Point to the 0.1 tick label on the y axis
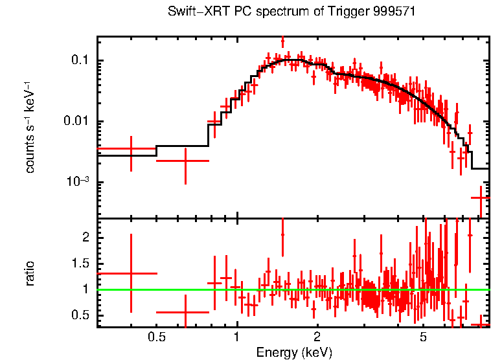pyautogui.click(x=80, y=62)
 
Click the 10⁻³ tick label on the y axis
pyautogui.click(x=77, y=183)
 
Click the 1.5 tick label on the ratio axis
pyautogui.click(x=80, y=264)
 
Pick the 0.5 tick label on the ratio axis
pyautogui.click(x=80, y=315)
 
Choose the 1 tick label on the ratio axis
pyautogui.click(x=84, y=289)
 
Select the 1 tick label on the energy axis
pyautogui.click(x=236, y=337)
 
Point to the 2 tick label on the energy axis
pyautogui.click(x=317, y=337)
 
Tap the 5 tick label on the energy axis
pyautogui.click(x=423, y=337)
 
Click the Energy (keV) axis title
pyautogui.click(x=294, y=352)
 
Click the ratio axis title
pyautogui.click(x=30, y=273)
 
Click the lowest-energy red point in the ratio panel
pyautogui.click(x=131, y=273)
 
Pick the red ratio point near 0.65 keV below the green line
pyautogui.click(x=185, y=311)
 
